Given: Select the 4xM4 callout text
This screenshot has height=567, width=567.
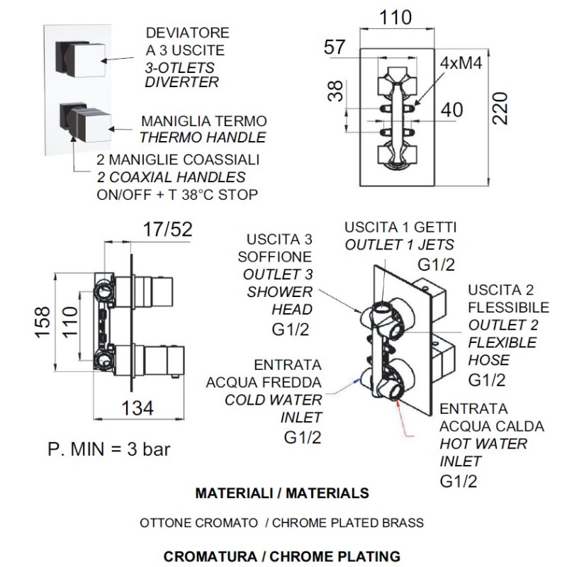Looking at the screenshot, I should [461, 63].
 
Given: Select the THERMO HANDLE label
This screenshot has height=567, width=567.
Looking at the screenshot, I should [203, 137].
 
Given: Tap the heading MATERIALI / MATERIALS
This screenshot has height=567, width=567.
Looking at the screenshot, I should [282, 492].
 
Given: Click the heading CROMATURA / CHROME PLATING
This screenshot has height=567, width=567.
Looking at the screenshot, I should [282, 554].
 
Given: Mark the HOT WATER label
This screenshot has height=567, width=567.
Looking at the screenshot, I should [483, 444].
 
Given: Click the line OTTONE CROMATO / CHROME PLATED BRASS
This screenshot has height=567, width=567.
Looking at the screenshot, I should [282, 523].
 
